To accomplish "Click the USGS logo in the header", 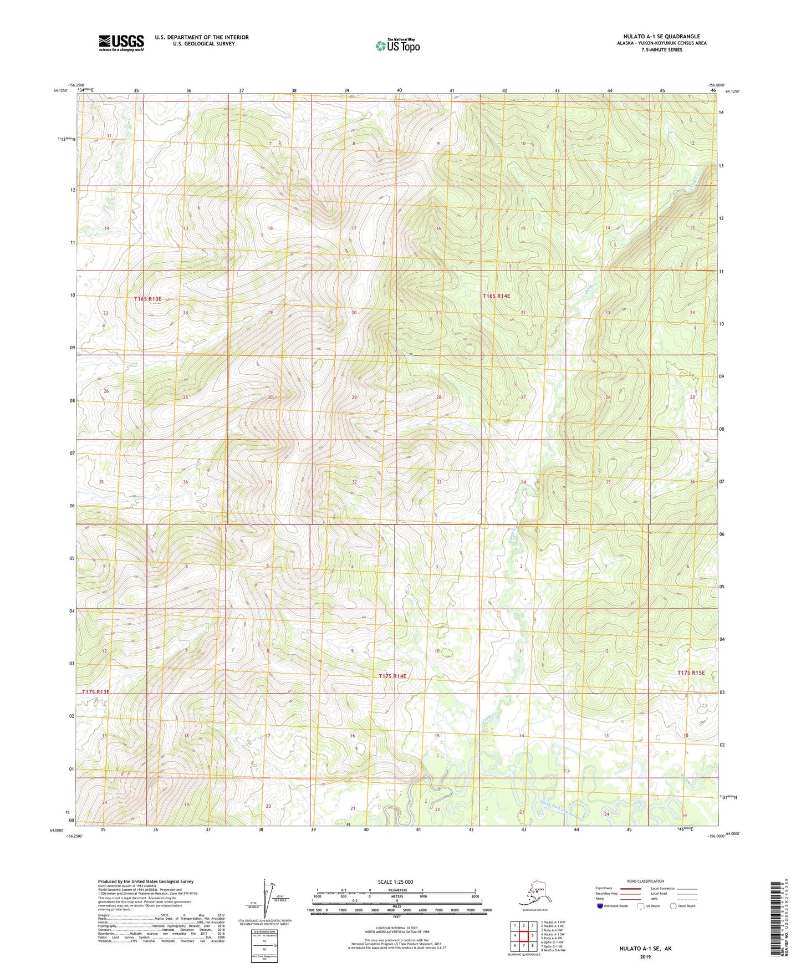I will pos(121,43).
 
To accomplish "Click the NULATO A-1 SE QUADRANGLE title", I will pos(661,37).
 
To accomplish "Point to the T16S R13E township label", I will pos(147,299).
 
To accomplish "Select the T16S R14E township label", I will pos(496,296).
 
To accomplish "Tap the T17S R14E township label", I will pos(392,676).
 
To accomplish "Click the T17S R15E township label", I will pos(691,672).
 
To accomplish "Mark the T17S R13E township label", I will pos(96,692).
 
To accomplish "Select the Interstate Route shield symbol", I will pos(600,906).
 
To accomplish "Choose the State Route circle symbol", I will pos(674,906).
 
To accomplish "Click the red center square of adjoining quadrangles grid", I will pos(523,935).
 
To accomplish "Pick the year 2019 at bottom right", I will pos(645,957).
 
